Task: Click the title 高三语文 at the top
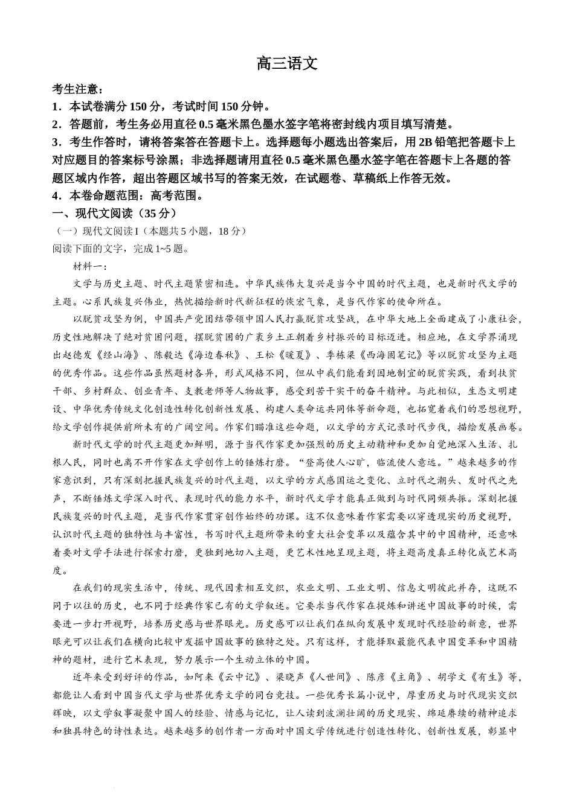pos(287,63)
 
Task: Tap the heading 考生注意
pos(75,89)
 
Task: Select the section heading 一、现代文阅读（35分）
pos(115,214)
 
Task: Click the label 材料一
pos(89,267)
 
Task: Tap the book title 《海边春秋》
pos(213,355)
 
